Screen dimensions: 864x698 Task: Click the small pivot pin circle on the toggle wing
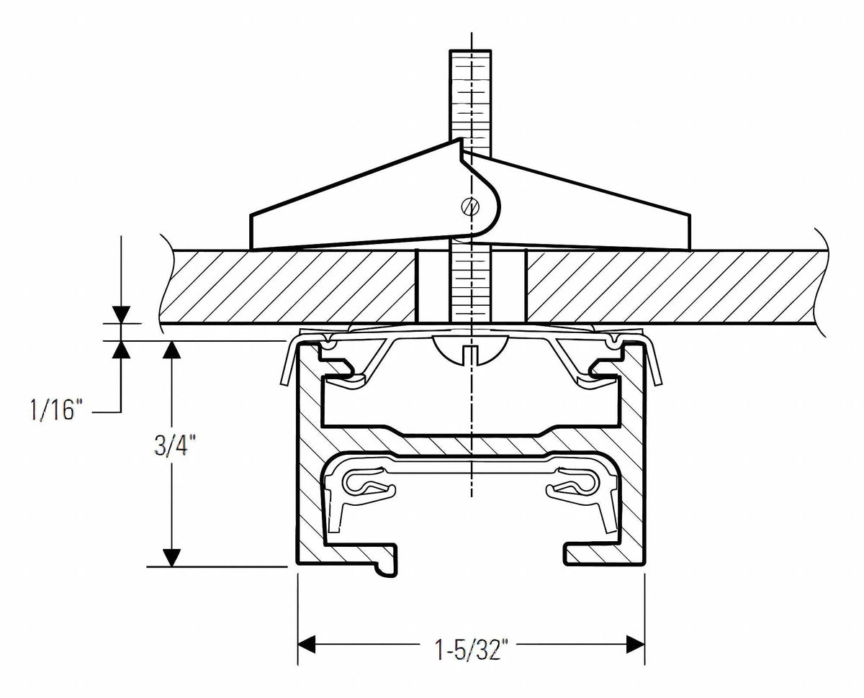click(x=470, y=207)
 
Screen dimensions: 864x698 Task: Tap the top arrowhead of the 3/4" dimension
click(x=171, y=350)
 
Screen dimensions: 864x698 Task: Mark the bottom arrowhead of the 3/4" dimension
click(x=171, y=558)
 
